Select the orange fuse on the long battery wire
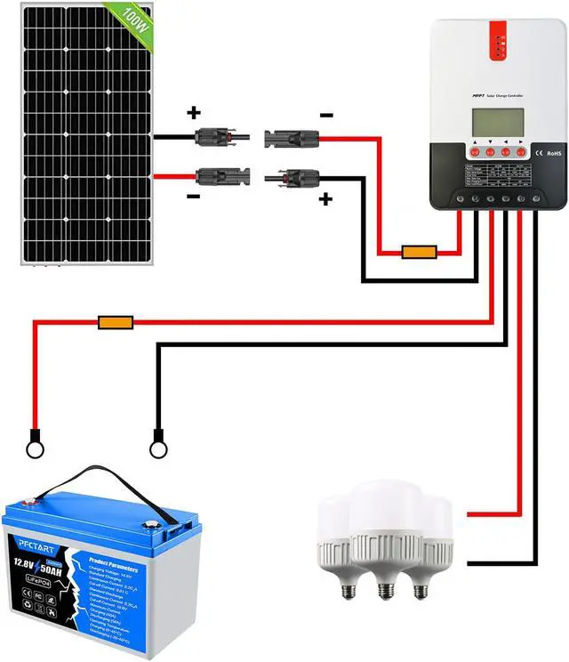[x=115, y=321]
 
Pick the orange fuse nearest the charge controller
[x=418, y=253]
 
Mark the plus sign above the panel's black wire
[x=193, y=114]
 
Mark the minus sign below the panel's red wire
[x=193, y=197]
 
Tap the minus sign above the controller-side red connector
[x=327, y=115]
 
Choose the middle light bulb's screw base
[x=383, y=589]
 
